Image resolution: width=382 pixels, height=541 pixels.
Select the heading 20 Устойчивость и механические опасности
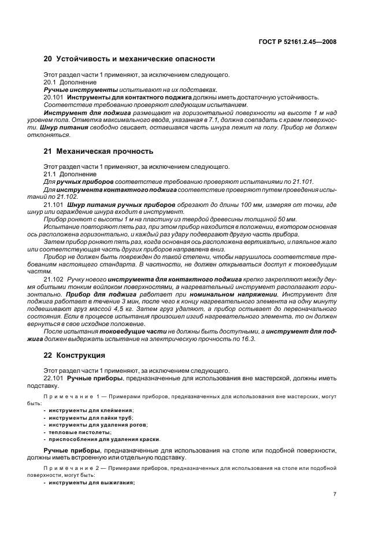pyautogui.click(x=129, y=58)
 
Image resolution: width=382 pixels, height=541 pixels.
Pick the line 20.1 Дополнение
pyautogui.click(x=66, y=83)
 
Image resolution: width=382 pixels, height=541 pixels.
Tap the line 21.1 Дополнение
pyautogui.click(x=66, y=175)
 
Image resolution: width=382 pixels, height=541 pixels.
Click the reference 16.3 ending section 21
pyautogui.click(x=249, y=339)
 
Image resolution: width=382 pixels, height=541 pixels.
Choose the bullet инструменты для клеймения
pyautogui.click(x=83, y=410)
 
